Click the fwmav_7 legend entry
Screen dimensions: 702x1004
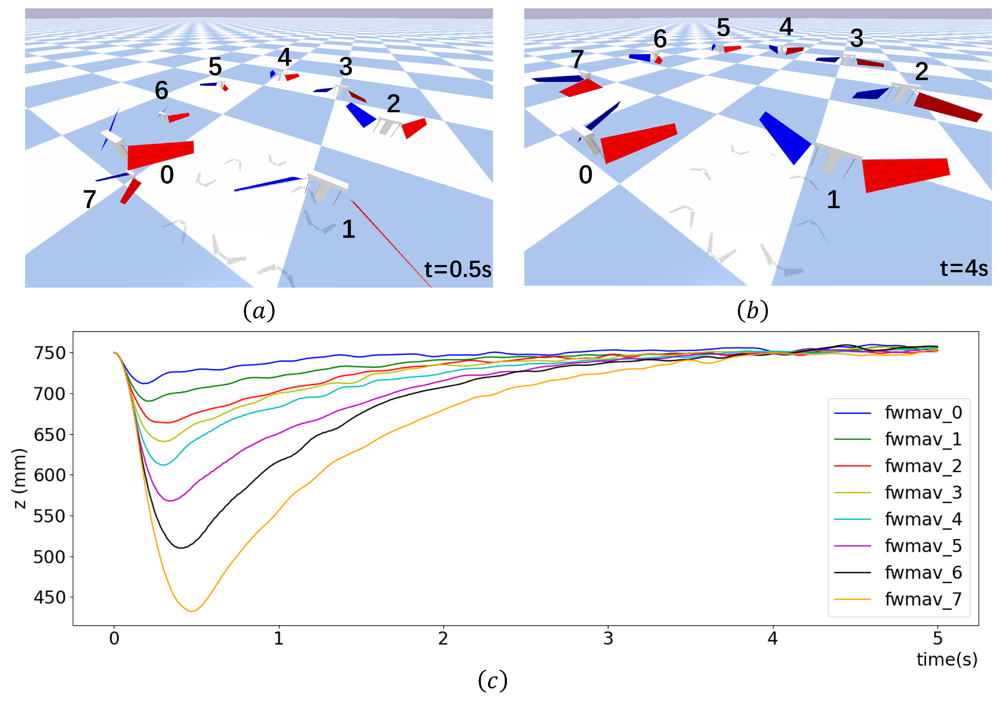pyautogui.click(x=923, y=599)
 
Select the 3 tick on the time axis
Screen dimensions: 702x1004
pyautogui.click(x=608, y=639)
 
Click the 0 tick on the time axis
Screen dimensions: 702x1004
pyautogui.click(x=114, y=639)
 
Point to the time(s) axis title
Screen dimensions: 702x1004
pyautogui.click(x=947, y=659)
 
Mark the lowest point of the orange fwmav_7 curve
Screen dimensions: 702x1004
pyautogui.click(x=192, y=611)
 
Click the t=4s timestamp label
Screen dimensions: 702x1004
pyautogui.click(x=964, y=268)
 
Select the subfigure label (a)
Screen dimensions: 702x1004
pyautogui.click(x=259, y=311)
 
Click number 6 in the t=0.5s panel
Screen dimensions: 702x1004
pyautogui.click(x=161, y=90)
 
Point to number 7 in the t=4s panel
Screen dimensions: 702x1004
pyautogui.click(x=577, y=59)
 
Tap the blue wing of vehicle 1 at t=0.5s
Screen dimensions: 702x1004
pyautogui.click(x=267, y=184)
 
